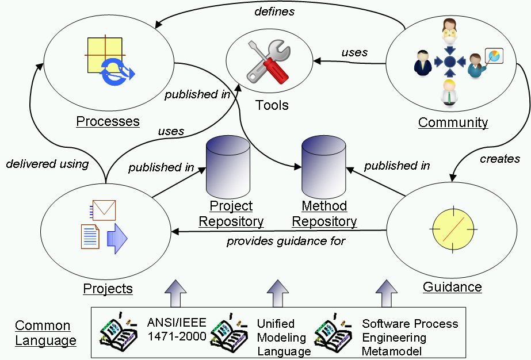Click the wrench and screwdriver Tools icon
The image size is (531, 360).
(268, 62)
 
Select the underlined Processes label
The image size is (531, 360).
(108, 121)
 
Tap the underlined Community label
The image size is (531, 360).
(453, 122)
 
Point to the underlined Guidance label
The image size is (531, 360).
(452, 286)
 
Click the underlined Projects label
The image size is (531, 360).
(108, 289)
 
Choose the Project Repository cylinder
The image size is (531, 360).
(228, 167)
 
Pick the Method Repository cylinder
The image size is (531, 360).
(324, 167)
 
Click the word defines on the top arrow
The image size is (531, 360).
(274, 11)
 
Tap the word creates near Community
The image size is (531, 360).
(499, 159)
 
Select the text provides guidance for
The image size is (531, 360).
(286, 241)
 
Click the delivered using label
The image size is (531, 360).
(47, 164)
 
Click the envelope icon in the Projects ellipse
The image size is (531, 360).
(104, 210)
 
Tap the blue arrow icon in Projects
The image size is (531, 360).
(117, 237)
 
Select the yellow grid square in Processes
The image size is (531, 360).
(104, 55)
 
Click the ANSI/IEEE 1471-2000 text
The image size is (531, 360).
(176, 330)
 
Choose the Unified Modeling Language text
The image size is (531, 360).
(283, 337)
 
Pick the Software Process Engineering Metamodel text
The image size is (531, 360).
(410, 337)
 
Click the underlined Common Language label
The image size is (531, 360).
(45, 333)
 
